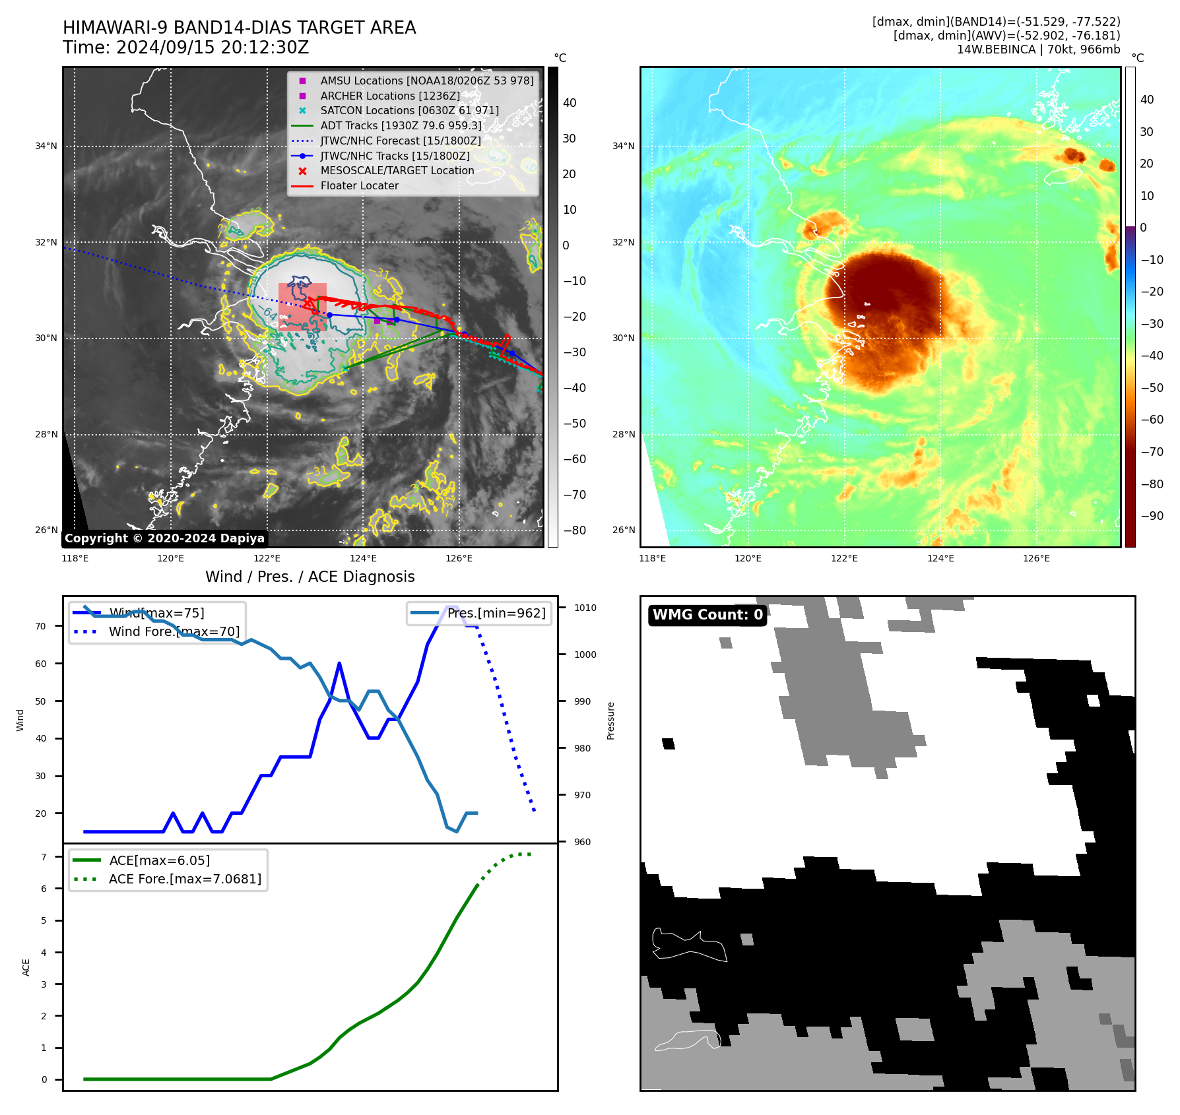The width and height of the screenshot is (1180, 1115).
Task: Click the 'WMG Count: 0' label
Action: coord(707,615)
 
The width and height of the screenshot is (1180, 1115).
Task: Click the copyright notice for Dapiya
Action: coord(164,538)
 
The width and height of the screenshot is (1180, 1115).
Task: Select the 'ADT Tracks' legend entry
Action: coord(401,126)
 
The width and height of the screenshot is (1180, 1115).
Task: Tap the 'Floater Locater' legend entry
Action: coord(359,186)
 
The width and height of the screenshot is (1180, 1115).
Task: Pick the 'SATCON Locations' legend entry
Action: coord(409,111)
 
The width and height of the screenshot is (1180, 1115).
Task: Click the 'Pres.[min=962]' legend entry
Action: coord(496,614)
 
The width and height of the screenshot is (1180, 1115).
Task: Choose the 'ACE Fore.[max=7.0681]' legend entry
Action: coord(185,879)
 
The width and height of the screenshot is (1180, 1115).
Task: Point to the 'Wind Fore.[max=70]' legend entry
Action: coord(174,632)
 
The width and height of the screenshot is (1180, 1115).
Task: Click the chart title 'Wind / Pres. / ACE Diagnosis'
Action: coord(310,577)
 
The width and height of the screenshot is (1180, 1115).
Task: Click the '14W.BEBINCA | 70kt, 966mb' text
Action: coord(1038,49)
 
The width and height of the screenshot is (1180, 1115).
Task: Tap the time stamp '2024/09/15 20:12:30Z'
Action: coord(213,48)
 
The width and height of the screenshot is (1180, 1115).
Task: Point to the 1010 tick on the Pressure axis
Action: coord(585,608)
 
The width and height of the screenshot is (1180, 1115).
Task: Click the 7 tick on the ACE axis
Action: coord(44,857)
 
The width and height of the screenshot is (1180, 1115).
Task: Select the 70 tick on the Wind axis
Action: coord(41,626)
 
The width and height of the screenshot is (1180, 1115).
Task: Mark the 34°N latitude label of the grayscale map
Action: coord(46,146)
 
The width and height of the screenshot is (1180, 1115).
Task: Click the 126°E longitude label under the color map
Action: coord(1036,558)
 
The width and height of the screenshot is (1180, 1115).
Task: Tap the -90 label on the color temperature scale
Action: coord(1152,516)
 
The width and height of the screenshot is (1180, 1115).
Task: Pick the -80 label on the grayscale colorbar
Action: coord(574,530)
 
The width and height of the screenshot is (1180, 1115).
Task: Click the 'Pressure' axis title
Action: coord(610,720)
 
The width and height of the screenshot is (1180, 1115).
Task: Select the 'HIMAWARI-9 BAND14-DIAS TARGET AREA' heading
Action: coord(239,28)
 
